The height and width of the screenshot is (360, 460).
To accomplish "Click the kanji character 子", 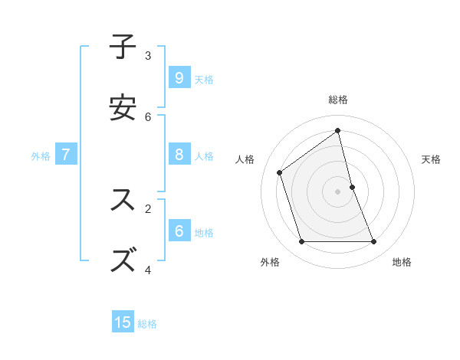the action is coord(123,47).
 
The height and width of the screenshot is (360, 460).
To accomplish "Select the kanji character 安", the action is coord(123,108).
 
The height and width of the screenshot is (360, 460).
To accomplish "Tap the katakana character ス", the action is coord(123,200).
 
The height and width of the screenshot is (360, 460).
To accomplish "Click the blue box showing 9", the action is coord(179,77).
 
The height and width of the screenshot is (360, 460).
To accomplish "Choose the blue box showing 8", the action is coord(179,155).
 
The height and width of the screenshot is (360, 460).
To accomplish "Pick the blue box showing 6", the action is coord(179,231).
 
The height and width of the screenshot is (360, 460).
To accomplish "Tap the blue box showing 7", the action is coord(66,155).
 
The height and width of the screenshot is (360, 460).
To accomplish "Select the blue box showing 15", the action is coord(123,322).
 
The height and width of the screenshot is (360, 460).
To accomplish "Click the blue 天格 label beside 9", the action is coord(204,80).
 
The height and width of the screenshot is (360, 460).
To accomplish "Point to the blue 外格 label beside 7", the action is coord(41,156).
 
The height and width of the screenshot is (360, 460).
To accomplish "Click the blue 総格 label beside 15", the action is coord(147,324).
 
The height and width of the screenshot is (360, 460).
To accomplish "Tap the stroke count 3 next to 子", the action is coord(148,55).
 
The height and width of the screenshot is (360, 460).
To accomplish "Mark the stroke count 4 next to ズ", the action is coord(148,270).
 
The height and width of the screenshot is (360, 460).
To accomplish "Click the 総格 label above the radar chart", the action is coord(338,100).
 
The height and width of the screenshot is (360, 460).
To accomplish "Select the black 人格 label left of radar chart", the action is coord(245,159).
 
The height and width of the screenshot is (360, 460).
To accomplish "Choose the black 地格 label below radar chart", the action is coord(402,262).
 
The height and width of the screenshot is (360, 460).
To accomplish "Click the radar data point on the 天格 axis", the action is coord(352,187).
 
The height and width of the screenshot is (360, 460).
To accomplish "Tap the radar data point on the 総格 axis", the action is coord(338,131).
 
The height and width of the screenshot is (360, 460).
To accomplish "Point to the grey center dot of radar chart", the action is coord(338,191).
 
